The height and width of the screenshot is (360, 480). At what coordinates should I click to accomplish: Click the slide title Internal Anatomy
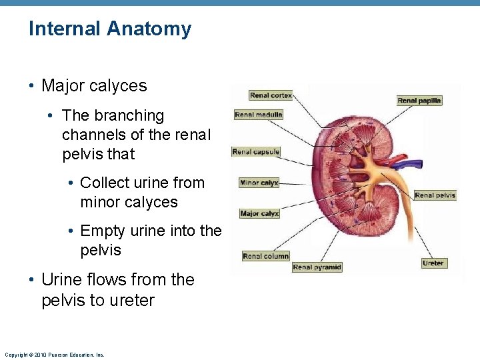tap(110, 29)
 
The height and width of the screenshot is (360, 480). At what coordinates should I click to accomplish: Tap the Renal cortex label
tap(271, 95)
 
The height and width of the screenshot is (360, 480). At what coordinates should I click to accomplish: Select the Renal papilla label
tap(419, 101)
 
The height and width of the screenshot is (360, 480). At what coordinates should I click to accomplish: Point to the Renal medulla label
tap(259, 115)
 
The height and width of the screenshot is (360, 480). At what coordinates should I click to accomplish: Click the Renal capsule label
tap(256, 152)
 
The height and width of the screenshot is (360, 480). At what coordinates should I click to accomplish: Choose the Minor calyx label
tap(259, 183)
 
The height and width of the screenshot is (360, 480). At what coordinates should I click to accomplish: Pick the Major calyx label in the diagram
tap(259, 214)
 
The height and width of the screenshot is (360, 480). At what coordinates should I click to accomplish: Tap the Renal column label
tap(265, 256)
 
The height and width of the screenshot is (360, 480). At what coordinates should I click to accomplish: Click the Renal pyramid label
tap(317, 267)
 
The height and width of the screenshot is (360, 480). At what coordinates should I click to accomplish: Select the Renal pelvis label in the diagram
tap(435, 195)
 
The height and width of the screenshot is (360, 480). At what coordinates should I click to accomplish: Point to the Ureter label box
tap(433, 263)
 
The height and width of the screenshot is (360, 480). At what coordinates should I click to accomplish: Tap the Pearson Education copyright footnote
tap(54, 355)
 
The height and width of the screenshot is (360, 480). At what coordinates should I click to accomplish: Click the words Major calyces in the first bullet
tap(94, 86)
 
